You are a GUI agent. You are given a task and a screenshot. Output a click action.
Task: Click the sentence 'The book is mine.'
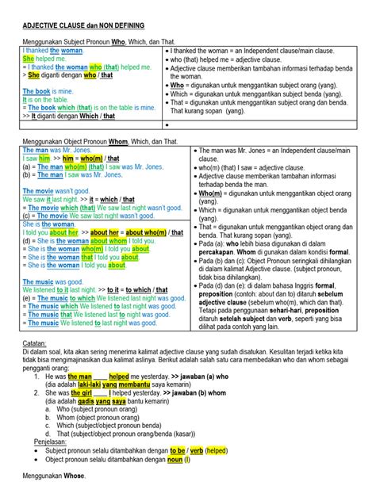click(46, 92)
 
